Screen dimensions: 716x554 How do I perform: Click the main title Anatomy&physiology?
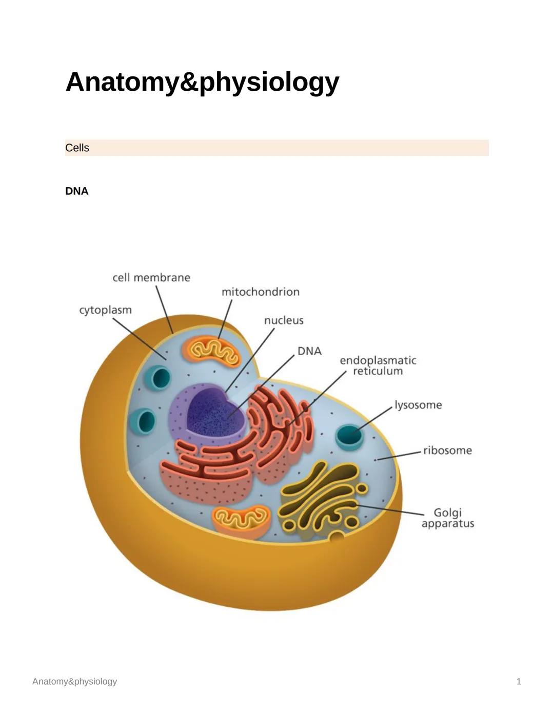202,82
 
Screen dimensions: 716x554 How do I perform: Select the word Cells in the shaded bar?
77,148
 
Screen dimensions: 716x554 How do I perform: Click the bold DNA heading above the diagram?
76,191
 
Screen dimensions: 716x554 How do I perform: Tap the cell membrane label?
151,277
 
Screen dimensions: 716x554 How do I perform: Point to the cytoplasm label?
105,310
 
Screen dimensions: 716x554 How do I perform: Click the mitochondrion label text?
260,292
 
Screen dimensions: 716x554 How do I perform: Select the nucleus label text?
284,320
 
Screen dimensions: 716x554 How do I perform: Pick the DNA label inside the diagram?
309,351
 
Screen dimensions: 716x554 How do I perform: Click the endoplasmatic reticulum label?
378,365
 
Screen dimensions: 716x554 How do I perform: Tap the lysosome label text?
418,405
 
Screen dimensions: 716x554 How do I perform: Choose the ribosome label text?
447,451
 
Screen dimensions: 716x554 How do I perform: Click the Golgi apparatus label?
447,518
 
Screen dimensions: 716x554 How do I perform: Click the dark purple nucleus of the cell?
213,410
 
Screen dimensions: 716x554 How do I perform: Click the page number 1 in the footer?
519,681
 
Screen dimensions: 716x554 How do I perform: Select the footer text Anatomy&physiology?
74,681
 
